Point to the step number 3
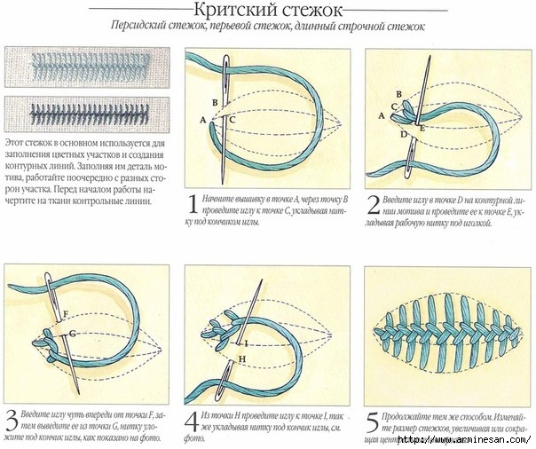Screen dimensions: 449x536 click(x=12, y=419)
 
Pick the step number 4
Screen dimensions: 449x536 click(x=191, y=419)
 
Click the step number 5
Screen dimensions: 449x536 click(x=371, y=420)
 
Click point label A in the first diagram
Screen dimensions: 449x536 click(x=203, y=119)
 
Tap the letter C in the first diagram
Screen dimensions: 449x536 click(x=233, y=119)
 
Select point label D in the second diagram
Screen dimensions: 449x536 click(x=403, y=134)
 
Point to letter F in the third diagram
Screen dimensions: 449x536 click(x=66, y=313)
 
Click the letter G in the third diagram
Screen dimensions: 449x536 click(x=73, y=333)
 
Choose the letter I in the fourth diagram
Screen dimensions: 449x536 click(x=246, y=343)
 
